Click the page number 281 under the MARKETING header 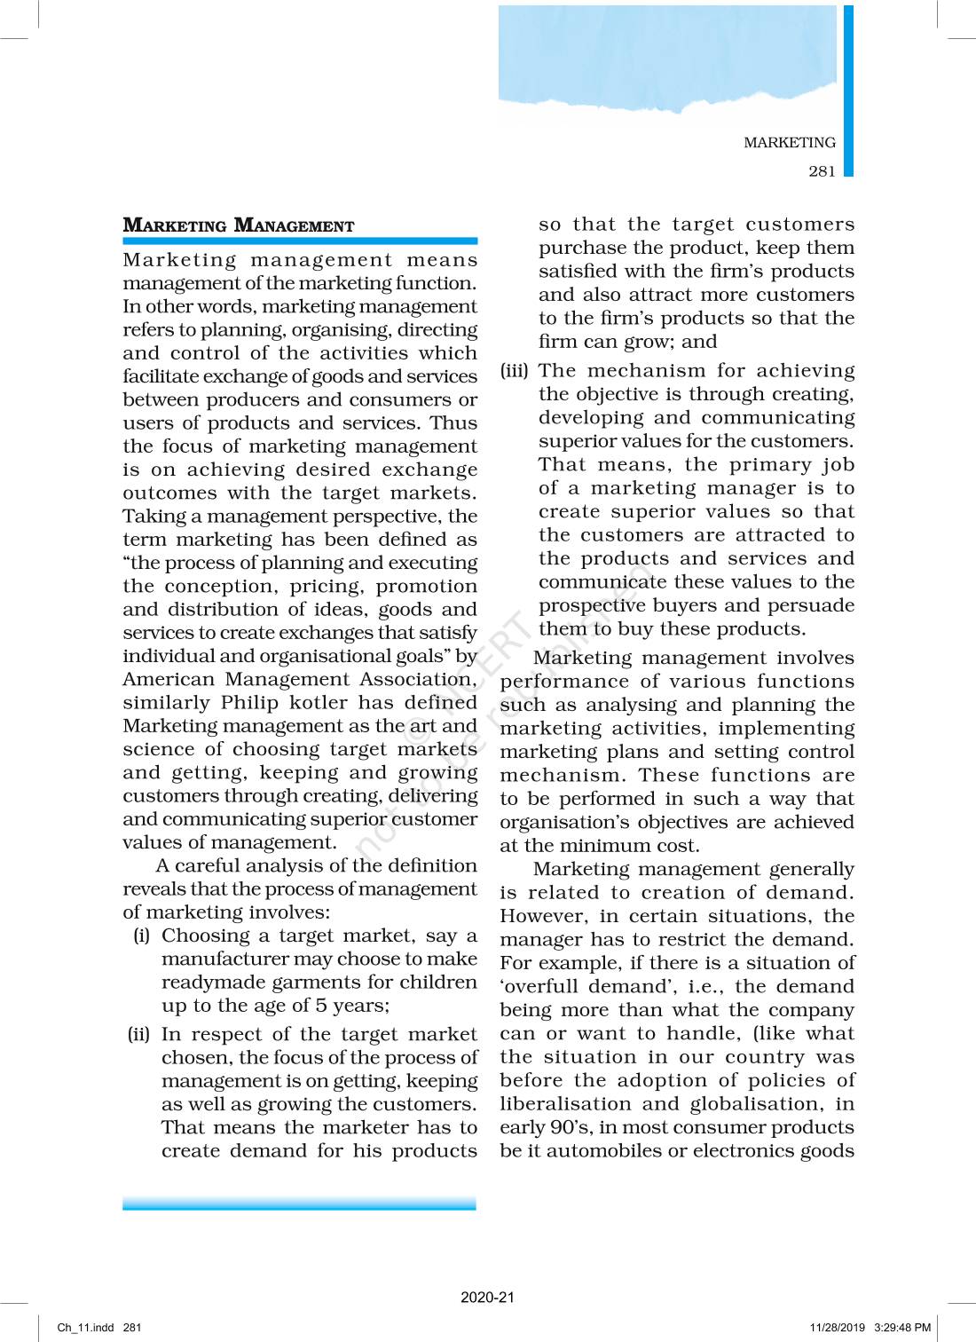(822, 171)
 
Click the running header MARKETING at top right (789, 143)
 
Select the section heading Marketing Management (238, 225)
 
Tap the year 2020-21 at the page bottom (487, 1297)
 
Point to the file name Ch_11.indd (85, 1328)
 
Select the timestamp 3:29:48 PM (902, 1328)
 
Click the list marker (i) (141, 935)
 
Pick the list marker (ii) (138, 1034)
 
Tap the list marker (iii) (514, 370)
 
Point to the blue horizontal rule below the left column (299, 1204)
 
